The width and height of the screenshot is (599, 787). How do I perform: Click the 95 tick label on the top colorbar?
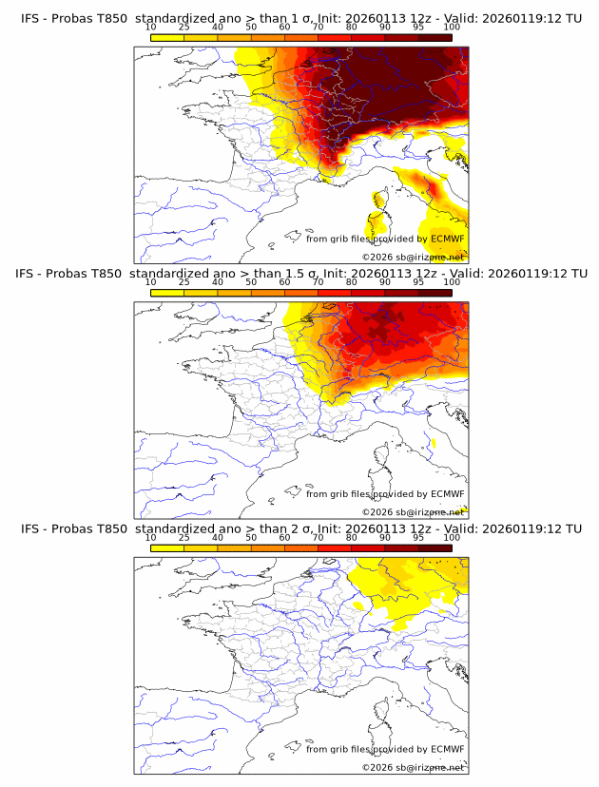418,28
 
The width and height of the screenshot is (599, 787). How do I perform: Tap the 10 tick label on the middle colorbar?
151,282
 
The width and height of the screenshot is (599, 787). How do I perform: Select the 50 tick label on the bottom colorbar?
251,537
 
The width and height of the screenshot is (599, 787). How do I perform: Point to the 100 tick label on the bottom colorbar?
452,537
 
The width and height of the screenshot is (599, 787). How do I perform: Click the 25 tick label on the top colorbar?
184,28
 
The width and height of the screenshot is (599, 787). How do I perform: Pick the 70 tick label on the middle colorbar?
319,282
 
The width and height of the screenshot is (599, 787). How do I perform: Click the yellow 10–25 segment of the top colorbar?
167,38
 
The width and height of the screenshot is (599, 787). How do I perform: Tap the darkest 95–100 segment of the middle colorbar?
435,293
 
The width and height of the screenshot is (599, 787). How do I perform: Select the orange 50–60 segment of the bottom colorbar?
268,547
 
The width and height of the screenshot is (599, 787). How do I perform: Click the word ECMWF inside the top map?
447,239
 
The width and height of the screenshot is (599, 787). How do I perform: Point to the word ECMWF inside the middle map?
447,493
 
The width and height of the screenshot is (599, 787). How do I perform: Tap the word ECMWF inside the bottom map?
447,748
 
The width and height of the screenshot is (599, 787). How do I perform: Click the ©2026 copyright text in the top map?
377,258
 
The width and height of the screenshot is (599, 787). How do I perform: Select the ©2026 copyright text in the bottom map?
377,767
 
